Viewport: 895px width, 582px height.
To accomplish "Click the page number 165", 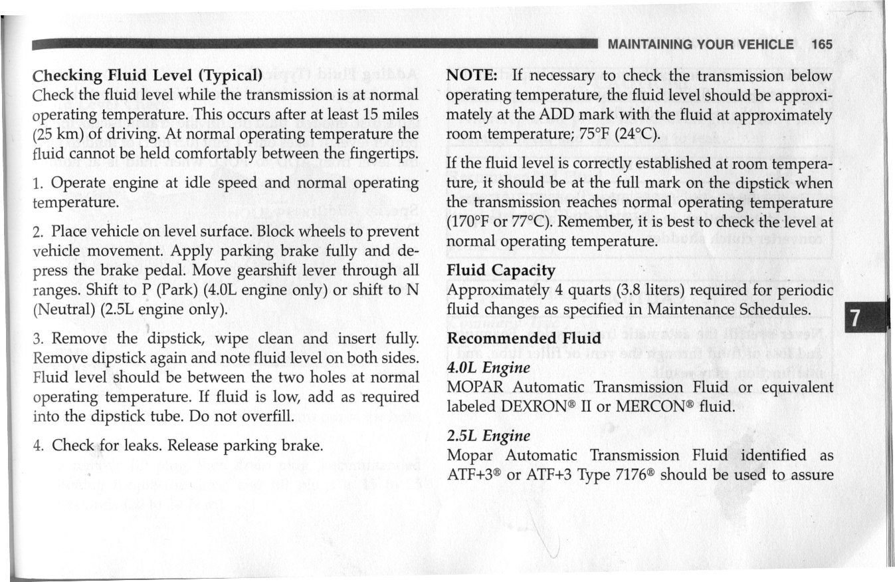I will pos(821,45).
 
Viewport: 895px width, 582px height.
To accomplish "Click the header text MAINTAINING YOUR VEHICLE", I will pos(701,45).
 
